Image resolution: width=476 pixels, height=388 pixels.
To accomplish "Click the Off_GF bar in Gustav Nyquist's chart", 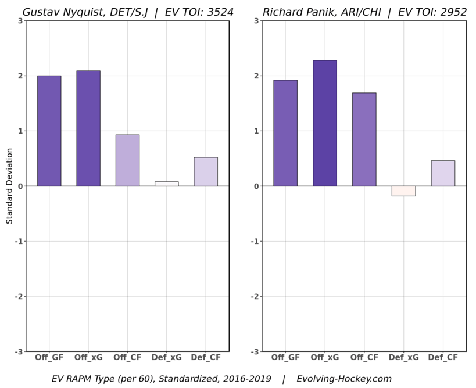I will point(49,131).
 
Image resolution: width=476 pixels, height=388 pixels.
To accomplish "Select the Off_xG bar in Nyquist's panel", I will point(88,128).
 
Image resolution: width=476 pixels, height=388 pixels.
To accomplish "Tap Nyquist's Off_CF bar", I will point(127,160).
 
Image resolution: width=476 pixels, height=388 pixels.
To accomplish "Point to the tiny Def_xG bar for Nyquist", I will point(167,184).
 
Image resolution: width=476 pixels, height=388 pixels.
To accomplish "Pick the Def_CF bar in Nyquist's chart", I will point(206,171).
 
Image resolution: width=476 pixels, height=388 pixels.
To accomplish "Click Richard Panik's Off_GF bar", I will point(285,133).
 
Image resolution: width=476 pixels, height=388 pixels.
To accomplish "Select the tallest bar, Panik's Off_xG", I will point(324,123).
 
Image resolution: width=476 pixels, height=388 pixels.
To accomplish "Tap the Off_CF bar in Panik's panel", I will point(364,139).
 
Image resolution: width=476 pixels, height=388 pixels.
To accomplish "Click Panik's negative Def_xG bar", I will point(403,191).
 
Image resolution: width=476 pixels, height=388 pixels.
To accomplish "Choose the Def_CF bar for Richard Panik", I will point(443,173).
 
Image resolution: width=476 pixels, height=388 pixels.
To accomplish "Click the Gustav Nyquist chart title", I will point(128,12).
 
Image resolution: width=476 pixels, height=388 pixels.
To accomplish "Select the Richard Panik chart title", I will point(364,12).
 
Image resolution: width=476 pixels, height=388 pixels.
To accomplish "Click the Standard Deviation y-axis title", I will point(10,186).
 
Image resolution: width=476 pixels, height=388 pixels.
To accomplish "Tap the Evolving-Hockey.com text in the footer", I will point(344,379).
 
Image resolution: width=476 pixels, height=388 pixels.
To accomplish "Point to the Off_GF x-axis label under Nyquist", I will point(49,357).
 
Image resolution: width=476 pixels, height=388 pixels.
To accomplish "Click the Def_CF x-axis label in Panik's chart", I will point(443,357).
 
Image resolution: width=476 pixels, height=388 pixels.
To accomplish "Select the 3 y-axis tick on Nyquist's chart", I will point(21,21).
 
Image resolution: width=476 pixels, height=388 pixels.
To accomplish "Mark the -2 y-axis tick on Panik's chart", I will point(256,297).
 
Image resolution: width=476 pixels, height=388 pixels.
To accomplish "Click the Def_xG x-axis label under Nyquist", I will point(167,357).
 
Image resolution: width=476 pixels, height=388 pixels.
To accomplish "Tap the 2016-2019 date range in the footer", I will point(245,379).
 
